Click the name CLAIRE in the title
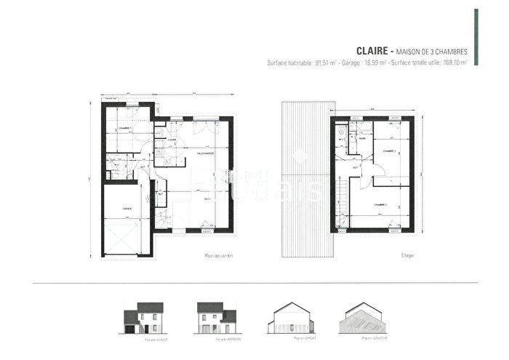pyautogui.click(x=373, y=51)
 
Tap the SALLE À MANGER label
pyautogui.click(x=204, y=153)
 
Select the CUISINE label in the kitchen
pyautogui.click(x=172, y=140)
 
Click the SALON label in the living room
pyautogui.click(x=207, y=199)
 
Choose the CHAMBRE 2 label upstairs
pyautogui.click(x=380, y=205)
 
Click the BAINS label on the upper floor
pyautogui.click(x=361, y=137)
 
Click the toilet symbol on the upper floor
pyautogui.click(x=340, y=132)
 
